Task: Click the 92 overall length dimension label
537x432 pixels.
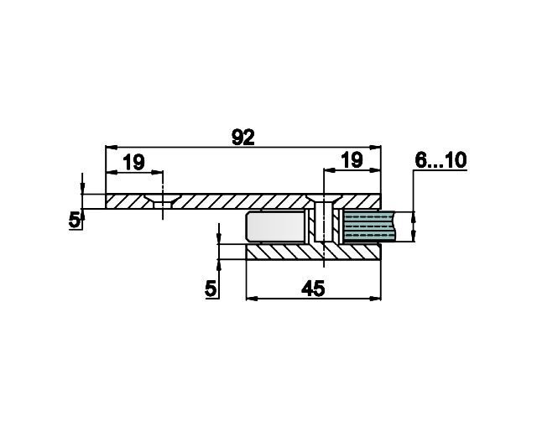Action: (x=243, y=138)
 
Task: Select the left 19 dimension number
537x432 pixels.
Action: (x=134, y=162)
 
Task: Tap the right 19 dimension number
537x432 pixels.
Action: (x=352, y=160)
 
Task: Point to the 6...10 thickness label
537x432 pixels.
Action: (x=441, y=160)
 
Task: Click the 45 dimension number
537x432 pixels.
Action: (x=313, y=289)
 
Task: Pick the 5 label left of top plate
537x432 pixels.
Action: (x=75, y=220)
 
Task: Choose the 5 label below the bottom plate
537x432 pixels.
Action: (x=211, y=289)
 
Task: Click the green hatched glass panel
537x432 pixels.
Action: (x=369, y=226)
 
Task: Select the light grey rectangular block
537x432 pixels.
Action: (x=275, y=227)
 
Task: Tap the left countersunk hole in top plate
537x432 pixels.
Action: (x=162, y=201)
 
